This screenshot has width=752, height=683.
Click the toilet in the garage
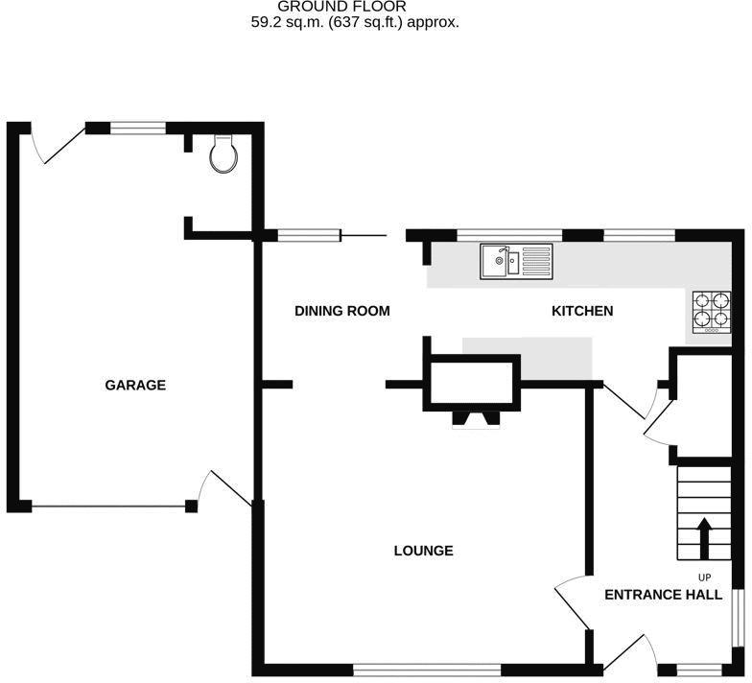point(223,153)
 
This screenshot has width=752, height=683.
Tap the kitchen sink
point(516,261)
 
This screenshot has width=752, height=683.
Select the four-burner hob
point(712,313)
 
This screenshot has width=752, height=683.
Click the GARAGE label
point(135,386)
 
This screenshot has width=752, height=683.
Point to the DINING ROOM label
point(341,311)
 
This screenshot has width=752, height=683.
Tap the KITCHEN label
point(582,311)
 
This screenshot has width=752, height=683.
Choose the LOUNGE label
point(424,551)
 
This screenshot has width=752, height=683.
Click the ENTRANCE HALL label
point(664,595)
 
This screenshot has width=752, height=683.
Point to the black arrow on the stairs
point(704,538)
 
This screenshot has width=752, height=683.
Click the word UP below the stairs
point(704,577)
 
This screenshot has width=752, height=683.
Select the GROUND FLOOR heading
point(341,7)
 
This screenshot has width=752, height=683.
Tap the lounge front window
point(427,670)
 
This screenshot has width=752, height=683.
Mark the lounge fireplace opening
point(476,420)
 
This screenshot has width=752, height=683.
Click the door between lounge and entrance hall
point(571,602)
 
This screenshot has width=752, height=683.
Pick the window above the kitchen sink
point(509,235)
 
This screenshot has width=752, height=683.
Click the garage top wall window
point(138,128)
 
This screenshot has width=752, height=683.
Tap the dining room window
point(309,235)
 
